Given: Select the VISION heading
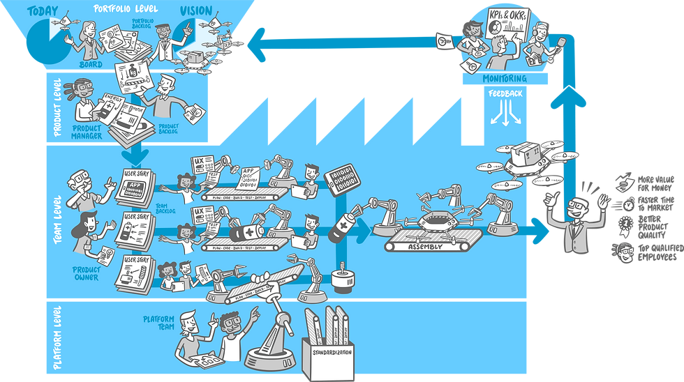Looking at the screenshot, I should pyautogui.click(x=197, y=11).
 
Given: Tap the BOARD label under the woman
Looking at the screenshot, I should pyautogui.click(x=90, y=65).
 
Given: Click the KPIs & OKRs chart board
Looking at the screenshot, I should pyautogui.click(x=505, y=26).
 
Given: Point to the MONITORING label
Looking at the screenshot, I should pyautogui.click(x=505, y=79).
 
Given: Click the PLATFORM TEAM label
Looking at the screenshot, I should pyautogui.click(x=158, y=322).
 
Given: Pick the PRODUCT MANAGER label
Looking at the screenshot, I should pyautogui.click(x=87, y=132).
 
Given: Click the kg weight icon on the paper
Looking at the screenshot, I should pyautogui.click(x=131, y=71).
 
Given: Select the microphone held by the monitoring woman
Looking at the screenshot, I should pyautogui.click(x=559, y=48).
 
